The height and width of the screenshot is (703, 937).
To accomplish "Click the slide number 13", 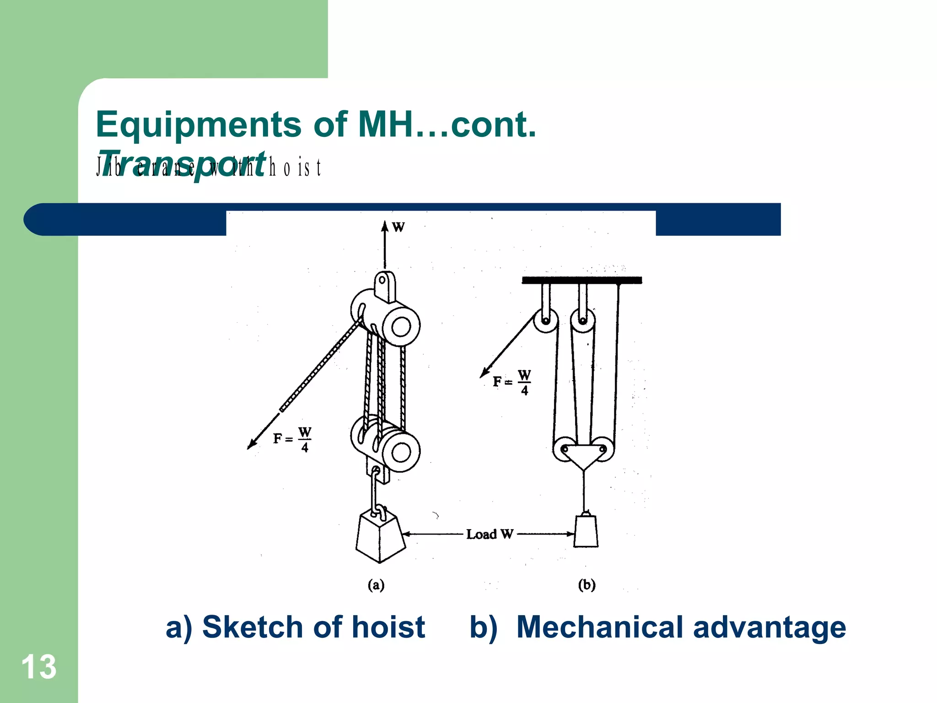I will pos(39,667).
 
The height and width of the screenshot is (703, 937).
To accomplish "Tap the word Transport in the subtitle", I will pos(182,164).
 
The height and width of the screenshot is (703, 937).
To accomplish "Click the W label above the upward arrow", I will pos(398,227).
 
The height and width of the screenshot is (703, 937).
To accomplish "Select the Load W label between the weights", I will pos(490,534).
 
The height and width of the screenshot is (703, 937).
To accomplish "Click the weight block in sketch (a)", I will pos(380,538).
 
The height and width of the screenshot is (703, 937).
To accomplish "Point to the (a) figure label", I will pos(376,585).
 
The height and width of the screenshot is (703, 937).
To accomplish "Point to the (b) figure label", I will pos(587,585).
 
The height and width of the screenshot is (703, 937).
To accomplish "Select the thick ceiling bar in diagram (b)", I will pos(582,280).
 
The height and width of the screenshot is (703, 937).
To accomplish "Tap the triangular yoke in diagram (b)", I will pos(582,455).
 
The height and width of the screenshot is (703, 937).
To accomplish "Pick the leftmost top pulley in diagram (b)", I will pos(546,321).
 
